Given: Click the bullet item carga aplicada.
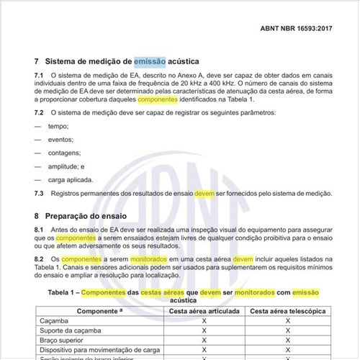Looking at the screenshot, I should click(73, 180).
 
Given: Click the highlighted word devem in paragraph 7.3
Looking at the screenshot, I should click(204, 194).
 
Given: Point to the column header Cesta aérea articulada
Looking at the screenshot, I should click(204, 311).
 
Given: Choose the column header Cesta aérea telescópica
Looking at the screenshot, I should click(287, 311).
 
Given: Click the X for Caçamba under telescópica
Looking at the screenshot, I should click(287, 321).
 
